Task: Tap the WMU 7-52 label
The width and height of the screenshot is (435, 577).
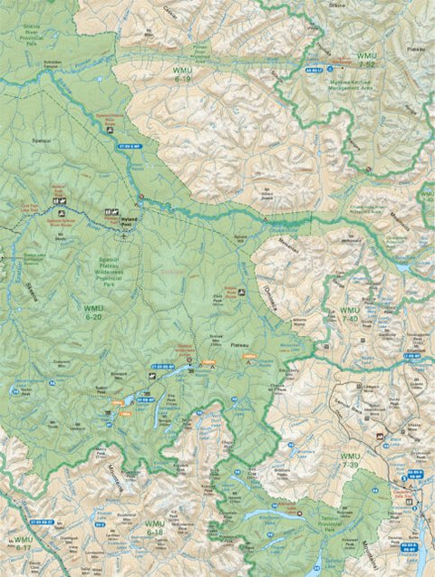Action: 366,61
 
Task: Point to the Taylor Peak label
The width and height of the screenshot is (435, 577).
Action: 32,389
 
